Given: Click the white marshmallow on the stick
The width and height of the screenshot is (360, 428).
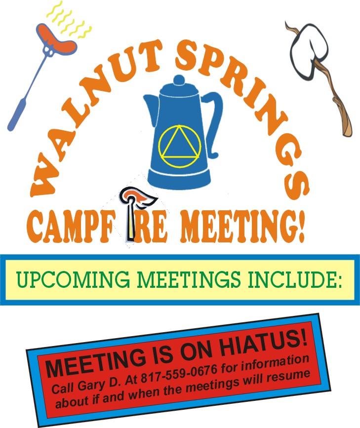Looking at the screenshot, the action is pos(309,50).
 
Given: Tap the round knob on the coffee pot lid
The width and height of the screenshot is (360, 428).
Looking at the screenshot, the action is pos(179,80).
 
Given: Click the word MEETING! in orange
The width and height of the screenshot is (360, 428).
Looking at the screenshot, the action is pos(242,227).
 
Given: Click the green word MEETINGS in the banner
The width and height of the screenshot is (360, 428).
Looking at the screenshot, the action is pos(189,279).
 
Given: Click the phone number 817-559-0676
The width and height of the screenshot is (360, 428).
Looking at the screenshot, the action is pos(179,373).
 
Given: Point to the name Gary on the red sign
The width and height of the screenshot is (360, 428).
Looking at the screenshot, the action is pos(91,386).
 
